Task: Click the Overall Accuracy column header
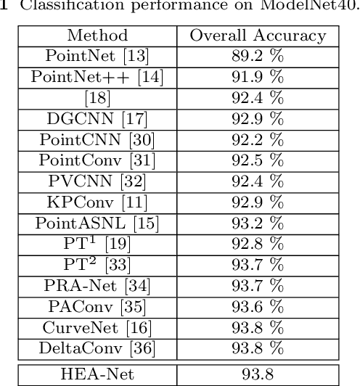258,36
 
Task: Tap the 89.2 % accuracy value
258,56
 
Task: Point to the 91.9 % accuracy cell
258,76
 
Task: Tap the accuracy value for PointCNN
258,137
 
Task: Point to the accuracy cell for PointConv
258,157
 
